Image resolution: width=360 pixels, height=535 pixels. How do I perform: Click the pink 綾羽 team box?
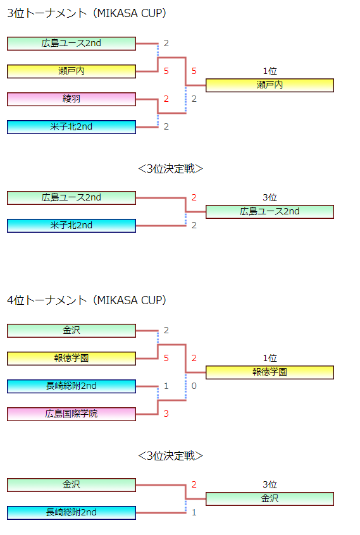(71, 99)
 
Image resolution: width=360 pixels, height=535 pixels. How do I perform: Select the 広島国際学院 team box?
(71, 414)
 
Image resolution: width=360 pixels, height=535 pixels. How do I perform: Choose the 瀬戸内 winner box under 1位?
(270, 85)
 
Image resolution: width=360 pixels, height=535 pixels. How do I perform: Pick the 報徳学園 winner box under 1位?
(270, 372)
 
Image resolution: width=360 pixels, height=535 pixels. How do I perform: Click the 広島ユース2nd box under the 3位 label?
(270, 212)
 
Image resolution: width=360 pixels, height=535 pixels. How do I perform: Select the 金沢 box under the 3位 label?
(270, 499)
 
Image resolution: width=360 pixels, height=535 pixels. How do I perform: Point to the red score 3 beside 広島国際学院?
(166, 414)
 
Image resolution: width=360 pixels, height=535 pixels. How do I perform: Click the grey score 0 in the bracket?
(194, 386)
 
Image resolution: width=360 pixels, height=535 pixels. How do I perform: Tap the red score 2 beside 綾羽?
(166, 99)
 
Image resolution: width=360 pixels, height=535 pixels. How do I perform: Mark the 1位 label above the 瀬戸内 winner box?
(270, 71)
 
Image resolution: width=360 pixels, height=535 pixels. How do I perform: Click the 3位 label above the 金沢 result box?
(270, 484)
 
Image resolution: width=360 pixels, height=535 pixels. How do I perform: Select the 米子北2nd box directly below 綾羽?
(71, 127)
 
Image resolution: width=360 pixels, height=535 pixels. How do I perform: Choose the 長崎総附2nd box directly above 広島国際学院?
(71, 386)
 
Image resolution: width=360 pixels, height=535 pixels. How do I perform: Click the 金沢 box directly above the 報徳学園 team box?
(71, 331)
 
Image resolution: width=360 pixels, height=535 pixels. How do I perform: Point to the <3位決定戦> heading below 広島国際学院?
(170, 456)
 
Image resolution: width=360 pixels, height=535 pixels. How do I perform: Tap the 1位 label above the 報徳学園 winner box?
(270, 359)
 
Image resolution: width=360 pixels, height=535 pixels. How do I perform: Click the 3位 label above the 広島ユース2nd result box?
(270, 197)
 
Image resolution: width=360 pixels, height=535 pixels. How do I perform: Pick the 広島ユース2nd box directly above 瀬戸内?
(71, 44)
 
